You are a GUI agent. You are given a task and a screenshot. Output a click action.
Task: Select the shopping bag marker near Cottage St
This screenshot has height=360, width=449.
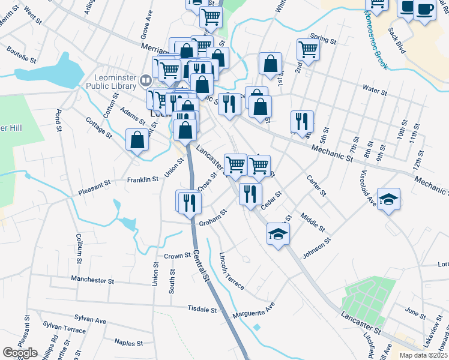click(x=137, y=140)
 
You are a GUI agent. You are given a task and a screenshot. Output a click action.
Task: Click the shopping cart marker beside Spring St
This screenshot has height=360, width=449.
click(x=308, y=49)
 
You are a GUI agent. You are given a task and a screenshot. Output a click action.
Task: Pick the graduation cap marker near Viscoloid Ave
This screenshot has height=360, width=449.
click(x=388, y=199)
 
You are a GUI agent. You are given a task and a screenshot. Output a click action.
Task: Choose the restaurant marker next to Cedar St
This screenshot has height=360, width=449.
click(x=250, y=194)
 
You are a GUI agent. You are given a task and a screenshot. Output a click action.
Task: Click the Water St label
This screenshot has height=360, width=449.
click(x=374, y=90)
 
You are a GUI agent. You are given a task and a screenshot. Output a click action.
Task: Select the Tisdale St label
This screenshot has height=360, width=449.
click(x=202, y=310)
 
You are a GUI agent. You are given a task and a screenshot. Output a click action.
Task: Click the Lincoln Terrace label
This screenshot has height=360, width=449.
click(x=231, y=271)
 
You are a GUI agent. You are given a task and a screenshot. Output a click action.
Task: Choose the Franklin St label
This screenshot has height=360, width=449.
click(x=142, y=179)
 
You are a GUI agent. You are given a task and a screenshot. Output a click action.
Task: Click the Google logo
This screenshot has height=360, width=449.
click(x=20, y=353)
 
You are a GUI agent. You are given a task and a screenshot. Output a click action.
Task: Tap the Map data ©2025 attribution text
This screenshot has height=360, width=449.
click(x=424, y=355)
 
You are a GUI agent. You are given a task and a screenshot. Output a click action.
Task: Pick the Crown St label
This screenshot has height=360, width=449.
click(x=177, y=256)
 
